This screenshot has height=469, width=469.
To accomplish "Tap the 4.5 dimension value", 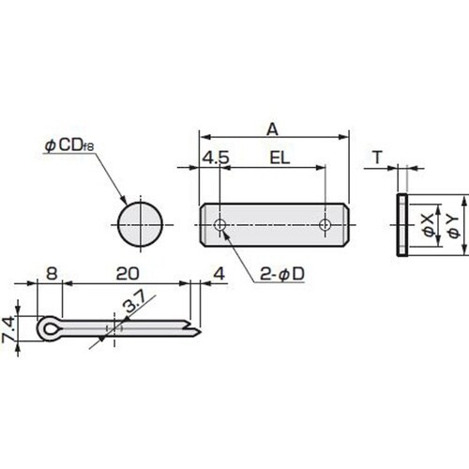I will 216,159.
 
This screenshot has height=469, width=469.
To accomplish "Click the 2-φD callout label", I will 280,274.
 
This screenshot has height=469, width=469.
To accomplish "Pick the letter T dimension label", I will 375,159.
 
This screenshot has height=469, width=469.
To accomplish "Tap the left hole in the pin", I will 219,225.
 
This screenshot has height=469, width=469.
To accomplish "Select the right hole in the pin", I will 325,225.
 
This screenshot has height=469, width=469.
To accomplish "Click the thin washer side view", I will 401,225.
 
